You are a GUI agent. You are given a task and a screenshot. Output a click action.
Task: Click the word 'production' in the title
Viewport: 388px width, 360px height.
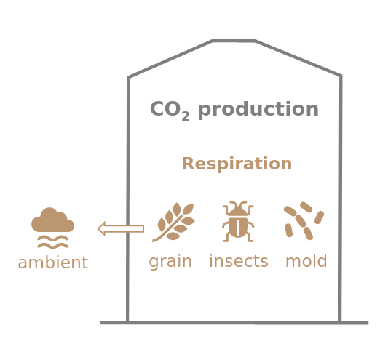pos(258,110)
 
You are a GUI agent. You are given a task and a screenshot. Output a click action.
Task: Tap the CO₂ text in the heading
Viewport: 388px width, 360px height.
pos(170,110)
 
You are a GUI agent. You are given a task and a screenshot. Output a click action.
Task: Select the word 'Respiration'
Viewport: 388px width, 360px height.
pos(237,164)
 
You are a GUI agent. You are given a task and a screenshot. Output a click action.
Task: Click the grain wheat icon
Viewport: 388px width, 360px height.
pos(174,222)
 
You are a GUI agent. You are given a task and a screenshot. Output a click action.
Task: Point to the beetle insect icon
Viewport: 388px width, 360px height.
pos(238,222)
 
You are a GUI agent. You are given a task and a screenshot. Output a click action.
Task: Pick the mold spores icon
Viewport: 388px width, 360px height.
pos(304,221)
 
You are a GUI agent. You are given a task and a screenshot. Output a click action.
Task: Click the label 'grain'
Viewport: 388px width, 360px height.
pos(170,262)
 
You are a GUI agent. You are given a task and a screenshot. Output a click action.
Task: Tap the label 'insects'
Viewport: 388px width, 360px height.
pos(239,261)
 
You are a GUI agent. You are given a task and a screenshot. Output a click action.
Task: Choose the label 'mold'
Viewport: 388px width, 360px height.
pos(306,261)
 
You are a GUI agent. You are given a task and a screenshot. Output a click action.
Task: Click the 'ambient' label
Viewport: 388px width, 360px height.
pos(53,263)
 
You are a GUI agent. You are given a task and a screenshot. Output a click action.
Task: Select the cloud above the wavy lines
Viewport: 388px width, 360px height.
pos(52,220)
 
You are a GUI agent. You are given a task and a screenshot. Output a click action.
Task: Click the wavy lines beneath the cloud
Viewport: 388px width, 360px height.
pos(52,241)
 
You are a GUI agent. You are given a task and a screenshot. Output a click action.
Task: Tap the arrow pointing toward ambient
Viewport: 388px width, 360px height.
pos(121,228)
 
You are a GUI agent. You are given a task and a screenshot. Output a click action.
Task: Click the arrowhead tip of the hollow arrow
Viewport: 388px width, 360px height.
pos(98,228)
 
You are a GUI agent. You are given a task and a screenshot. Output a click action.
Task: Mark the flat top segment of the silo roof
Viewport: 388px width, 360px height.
pos(234,41)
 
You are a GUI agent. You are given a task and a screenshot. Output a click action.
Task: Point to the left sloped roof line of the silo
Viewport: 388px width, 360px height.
pos(170,59)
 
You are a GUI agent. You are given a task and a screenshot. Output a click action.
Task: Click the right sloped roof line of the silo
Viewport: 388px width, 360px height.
pos(298,58)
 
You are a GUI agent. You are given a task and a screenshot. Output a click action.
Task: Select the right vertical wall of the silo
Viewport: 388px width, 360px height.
pos(341,199)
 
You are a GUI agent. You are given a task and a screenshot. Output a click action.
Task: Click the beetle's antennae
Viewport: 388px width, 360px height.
pos(238,204)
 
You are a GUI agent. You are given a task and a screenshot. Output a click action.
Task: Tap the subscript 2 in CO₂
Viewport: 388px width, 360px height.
pos(186,116)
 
